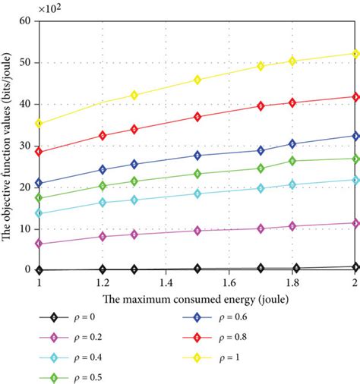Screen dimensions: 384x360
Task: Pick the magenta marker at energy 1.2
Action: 103,237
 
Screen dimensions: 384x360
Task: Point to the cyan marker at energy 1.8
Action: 292,184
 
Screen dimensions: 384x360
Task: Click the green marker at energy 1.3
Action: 134,181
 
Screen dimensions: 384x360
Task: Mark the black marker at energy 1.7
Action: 261,268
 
